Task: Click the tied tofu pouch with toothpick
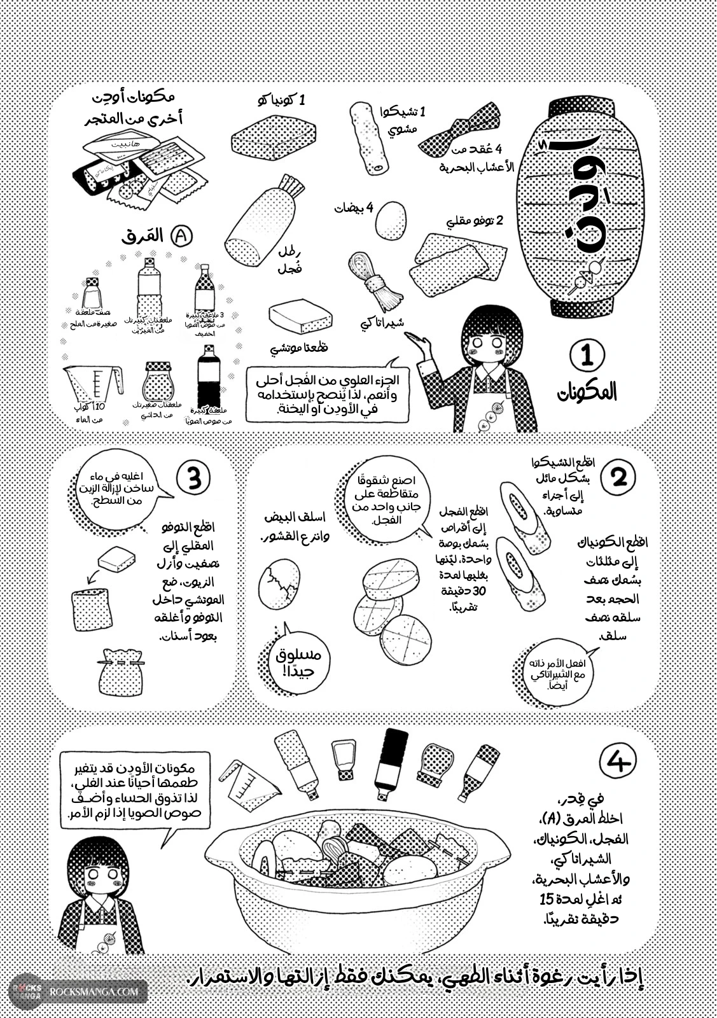coord(120,671)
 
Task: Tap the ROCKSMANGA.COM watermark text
coord(93,991)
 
